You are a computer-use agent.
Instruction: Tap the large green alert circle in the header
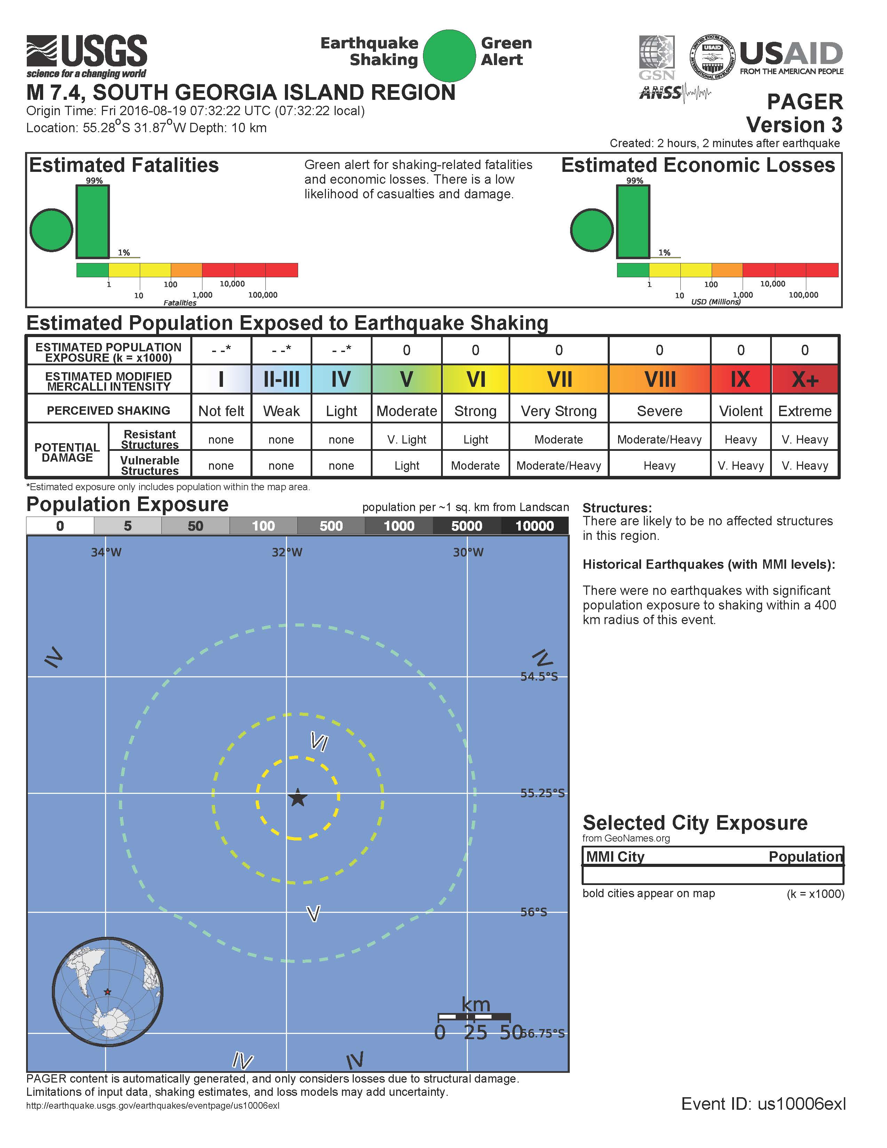449,55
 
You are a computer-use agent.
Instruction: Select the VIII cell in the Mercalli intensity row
660,379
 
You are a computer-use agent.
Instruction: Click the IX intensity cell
741,379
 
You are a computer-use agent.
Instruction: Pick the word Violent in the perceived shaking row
741,411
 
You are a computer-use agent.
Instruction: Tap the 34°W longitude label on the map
106,552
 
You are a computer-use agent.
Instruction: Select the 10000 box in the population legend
534,526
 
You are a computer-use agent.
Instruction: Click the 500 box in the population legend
331,526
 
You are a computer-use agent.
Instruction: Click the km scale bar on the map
474,1017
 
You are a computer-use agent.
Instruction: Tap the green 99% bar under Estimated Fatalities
93,222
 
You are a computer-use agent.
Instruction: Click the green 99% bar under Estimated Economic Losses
633,222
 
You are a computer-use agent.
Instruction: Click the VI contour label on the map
319,742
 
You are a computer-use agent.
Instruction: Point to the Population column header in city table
805,857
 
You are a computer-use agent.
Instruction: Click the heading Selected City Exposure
695,823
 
